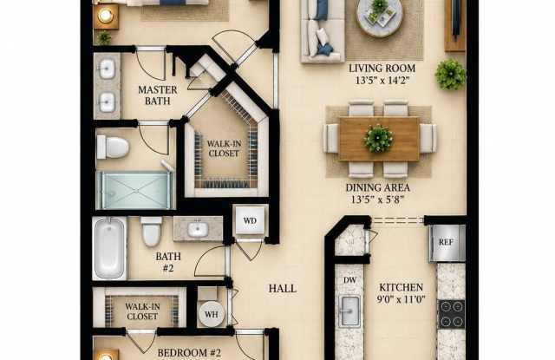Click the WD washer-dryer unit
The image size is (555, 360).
tap(250, 220)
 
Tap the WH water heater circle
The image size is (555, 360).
tap(212, 314)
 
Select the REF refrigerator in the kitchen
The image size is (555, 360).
tap(447, 243)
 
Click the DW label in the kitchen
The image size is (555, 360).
tap(349, 280)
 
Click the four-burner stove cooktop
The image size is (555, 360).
tap(451, 314)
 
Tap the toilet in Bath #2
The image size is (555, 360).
tap(151, 231)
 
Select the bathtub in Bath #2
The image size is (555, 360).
tap(110, 248)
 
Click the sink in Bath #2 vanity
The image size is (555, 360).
tap(198, 229)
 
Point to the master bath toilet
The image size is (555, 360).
tap(113, 147)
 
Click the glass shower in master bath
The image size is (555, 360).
tap(135, 190)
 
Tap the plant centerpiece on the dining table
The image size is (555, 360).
tap(378, 138)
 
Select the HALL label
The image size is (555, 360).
tap(283, 289)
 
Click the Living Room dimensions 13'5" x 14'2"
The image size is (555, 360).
tap(382, 81)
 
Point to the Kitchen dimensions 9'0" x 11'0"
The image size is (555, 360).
tap(401, 300)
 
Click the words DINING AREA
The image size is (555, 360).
tap(378, 187)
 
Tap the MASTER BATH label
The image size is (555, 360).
tap(158, 95)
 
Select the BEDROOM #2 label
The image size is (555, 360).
tap(189, 352)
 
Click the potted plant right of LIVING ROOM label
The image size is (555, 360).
tap(450, 75)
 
